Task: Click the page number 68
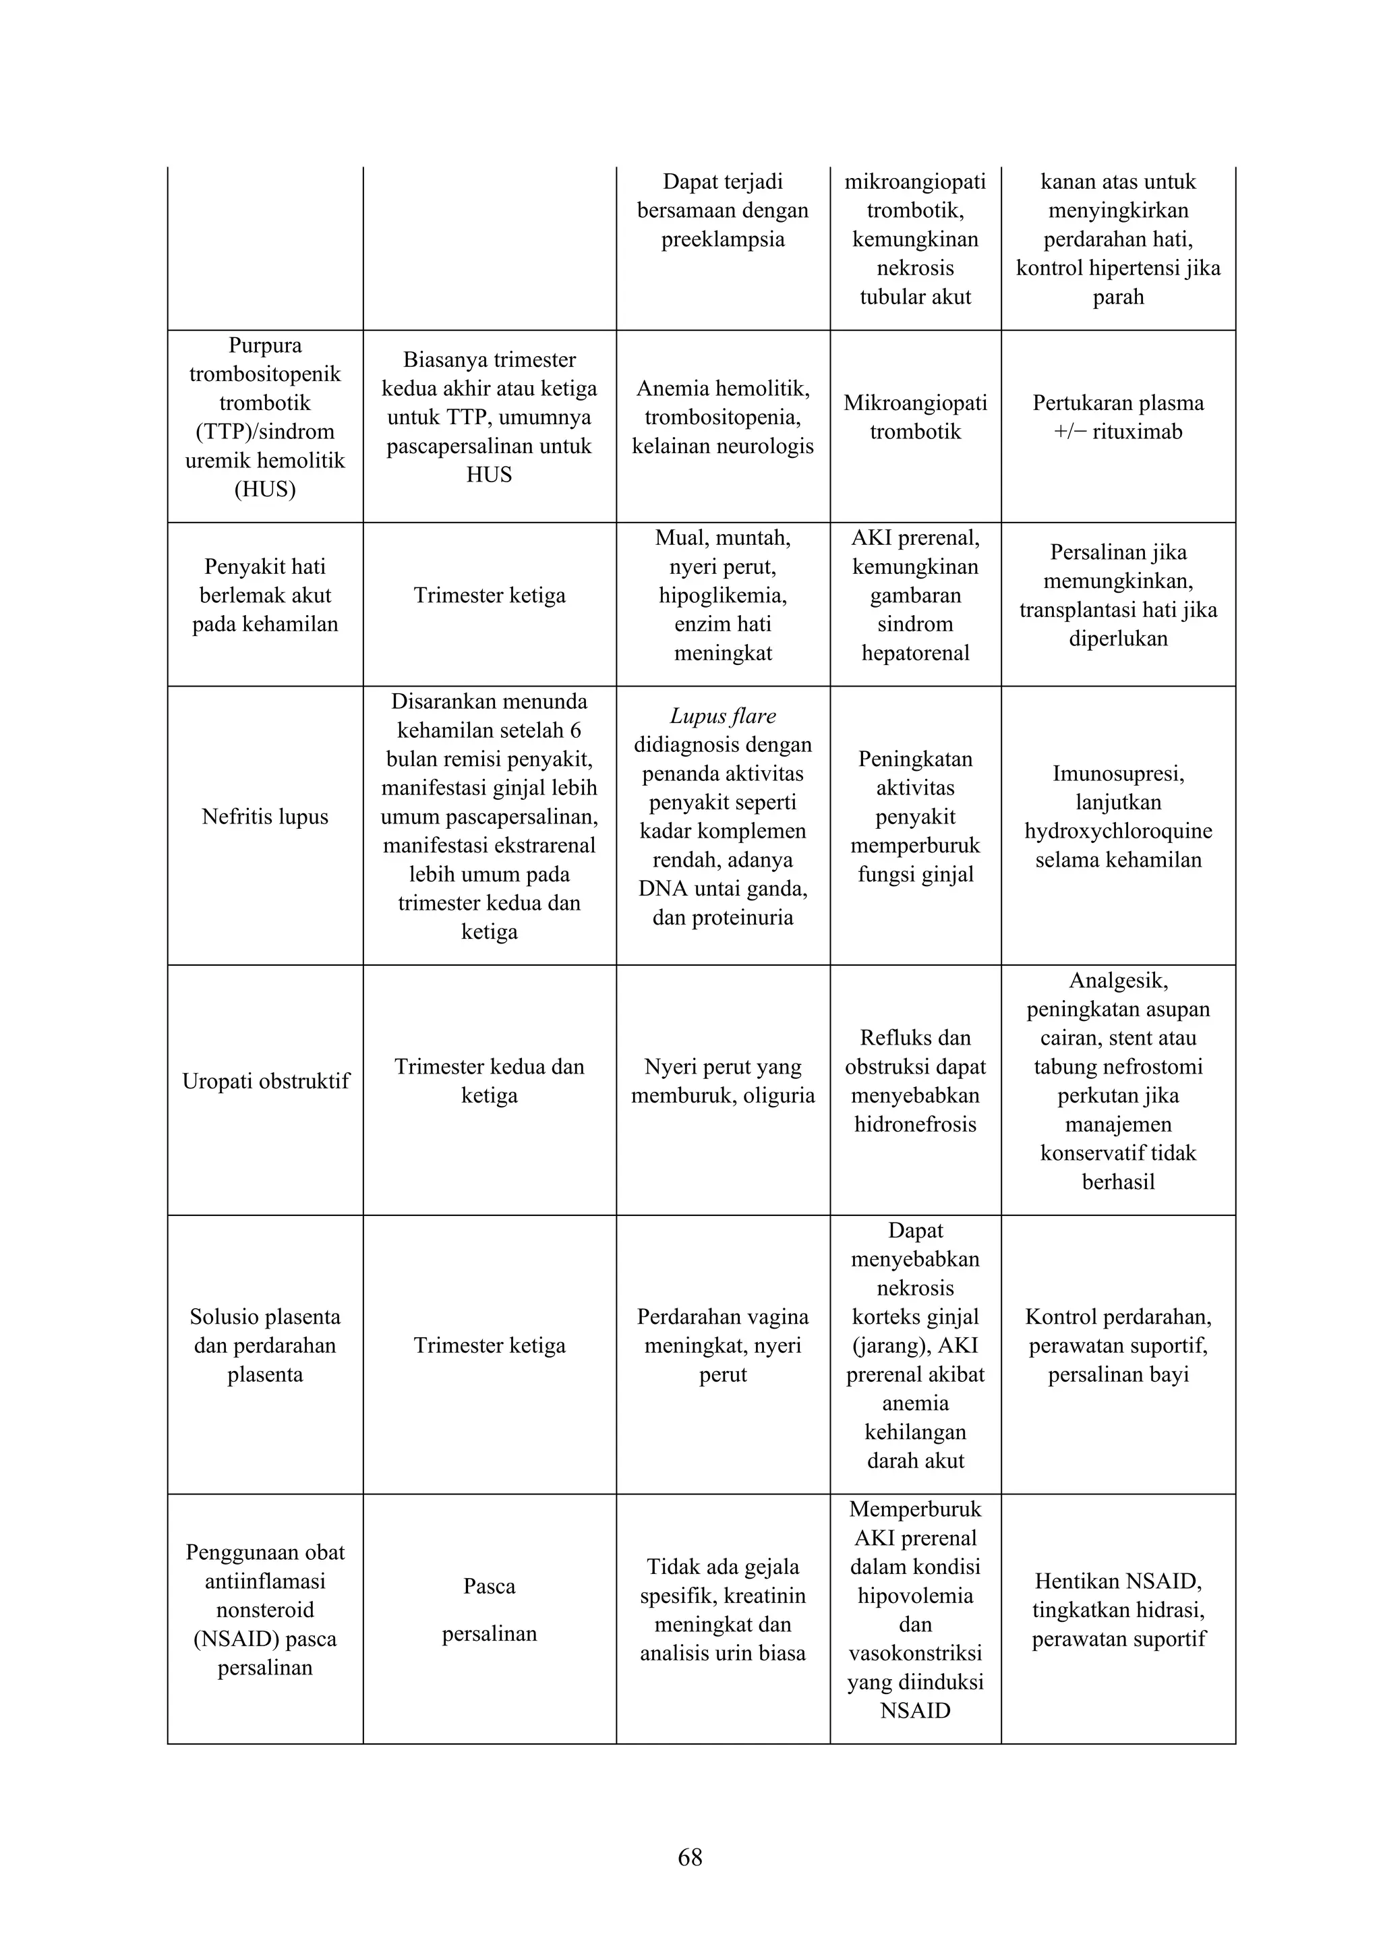690,1857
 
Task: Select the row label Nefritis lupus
264,817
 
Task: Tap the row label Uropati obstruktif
265,1081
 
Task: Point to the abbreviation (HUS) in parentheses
264,489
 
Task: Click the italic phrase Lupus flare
723,716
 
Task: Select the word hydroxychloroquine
1118,831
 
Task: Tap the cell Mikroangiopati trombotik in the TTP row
915,417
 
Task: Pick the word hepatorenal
915,653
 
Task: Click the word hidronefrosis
915,1124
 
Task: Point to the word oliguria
778,1096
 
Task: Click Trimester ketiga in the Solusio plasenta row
489,1345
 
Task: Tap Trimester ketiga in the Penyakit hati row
489,595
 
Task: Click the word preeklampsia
723,239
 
